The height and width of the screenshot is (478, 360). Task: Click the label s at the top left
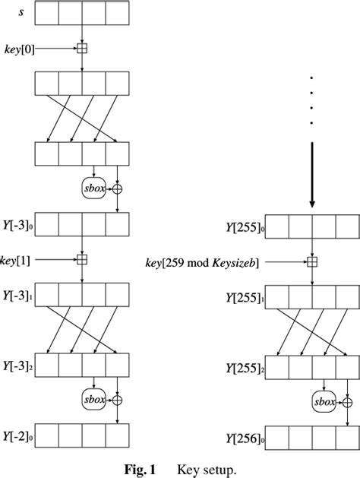pos(21,12)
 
